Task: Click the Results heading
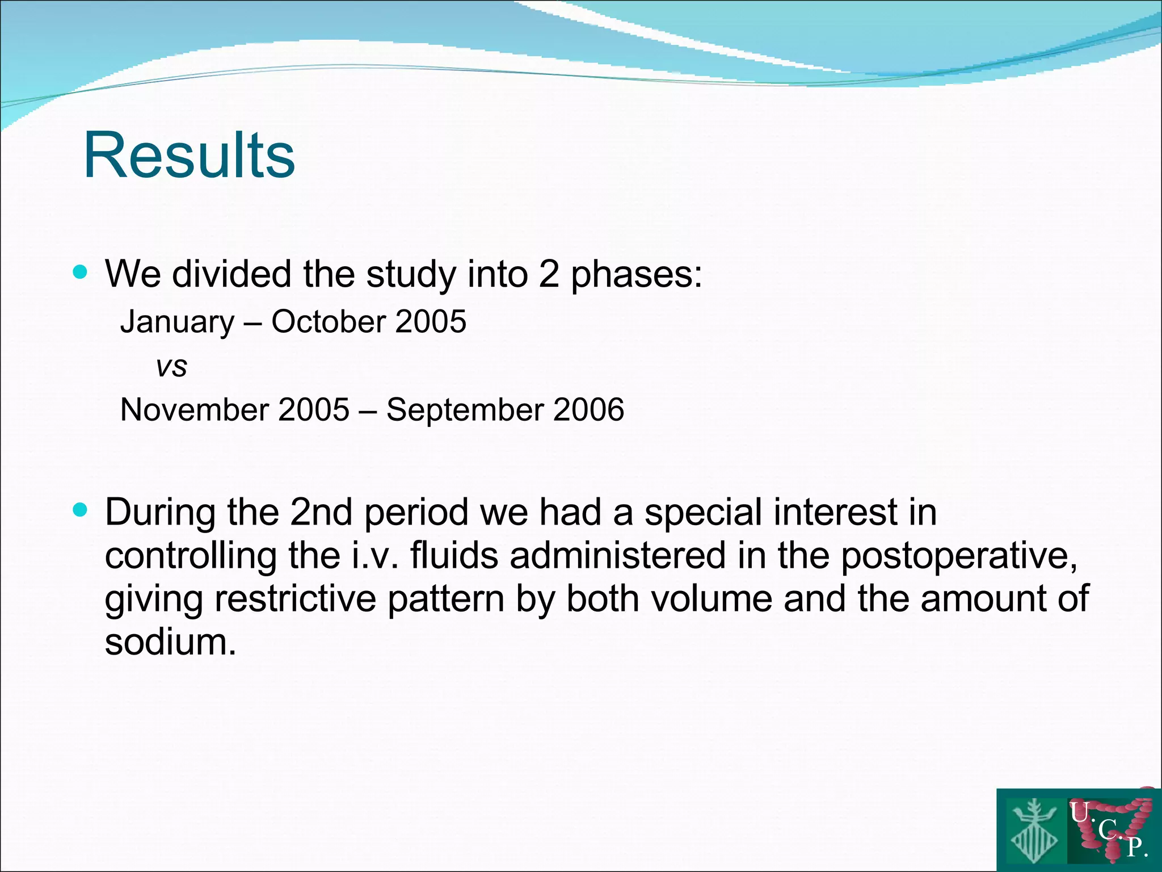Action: pos(189,155)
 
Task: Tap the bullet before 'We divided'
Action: pos(81,272)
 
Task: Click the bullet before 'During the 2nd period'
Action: pos(81,510)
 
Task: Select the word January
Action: pos(177,322)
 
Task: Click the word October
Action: pos(329,321)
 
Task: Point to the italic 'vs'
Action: pos(171,367)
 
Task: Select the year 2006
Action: pos(588,409)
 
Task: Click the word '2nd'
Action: pos(321,512)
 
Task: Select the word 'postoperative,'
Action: pos(959,556)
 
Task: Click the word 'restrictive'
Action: pos(296,598)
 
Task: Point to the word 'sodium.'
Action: pos(170,642)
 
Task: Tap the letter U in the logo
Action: pos(1079,812)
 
